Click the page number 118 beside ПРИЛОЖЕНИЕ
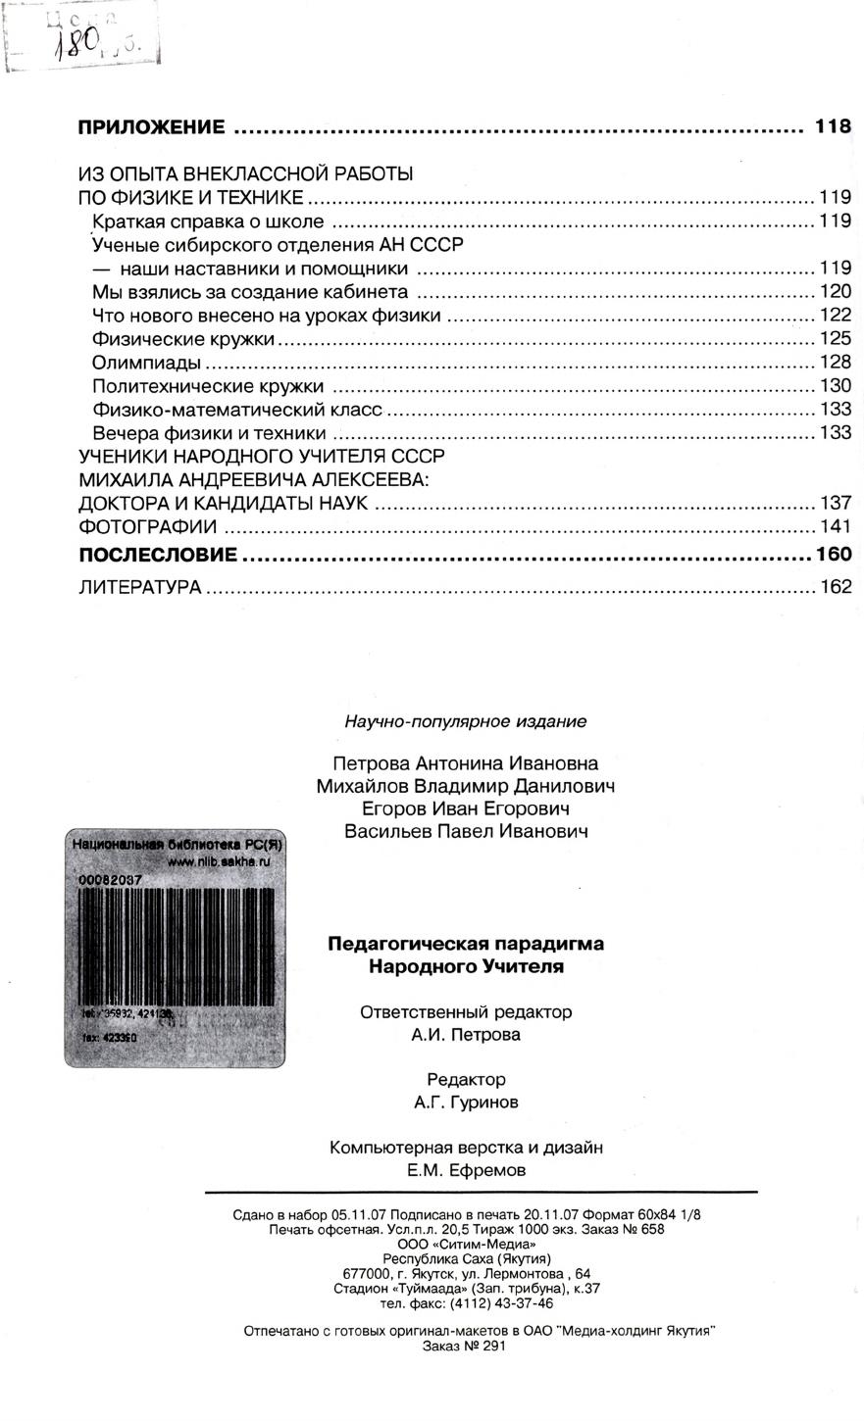(x=833, y=126)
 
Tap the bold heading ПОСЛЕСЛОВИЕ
(x=157, y=555)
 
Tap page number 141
(x=835, y=527)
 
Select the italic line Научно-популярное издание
(x=465, y=722)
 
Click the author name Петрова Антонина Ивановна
(x=465, y=762)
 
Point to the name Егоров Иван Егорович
(x=465, y=808)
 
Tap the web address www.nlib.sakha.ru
(x=218, y=861)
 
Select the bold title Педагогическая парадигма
(x=465, y=944)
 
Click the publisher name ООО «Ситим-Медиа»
(x=466, y=1244)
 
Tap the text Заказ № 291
(x=464, y=1347)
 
